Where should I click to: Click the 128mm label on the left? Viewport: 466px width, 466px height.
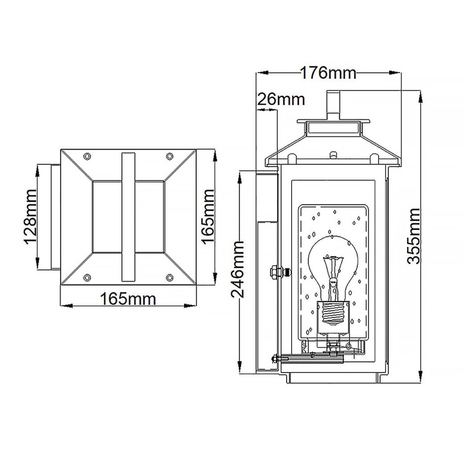click(x=31, y=217)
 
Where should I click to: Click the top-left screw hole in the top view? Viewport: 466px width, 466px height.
click(x=88, y=156)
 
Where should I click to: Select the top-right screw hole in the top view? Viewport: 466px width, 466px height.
click(x=170, y=156)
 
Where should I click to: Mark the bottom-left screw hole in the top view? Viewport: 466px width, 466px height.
click(x=88, y=277)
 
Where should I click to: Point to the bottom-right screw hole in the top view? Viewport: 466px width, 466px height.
click(x=170, y=277)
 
